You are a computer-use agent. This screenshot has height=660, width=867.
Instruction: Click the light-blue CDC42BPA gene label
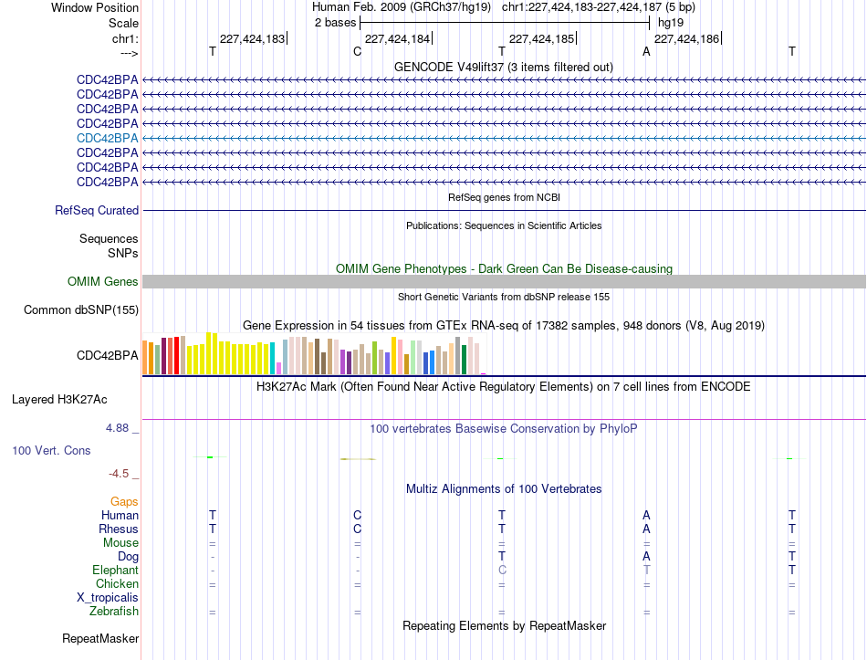click(x=108, y=139)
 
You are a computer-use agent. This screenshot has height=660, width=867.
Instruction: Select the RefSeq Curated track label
click(x=97, y=210)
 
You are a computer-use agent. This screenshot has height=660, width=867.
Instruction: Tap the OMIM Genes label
click(x=103, y=281)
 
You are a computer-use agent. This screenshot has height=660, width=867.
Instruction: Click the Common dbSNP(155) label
click(x=81, y=309)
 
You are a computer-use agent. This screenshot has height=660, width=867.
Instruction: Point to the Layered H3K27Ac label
click(x=59, y=400)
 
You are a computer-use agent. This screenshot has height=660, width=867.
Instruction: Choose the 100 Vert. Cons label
click(x=51, y=450)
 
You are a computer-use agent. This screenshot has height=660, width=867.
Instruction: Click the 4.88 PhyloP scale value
click(x=117, y=427)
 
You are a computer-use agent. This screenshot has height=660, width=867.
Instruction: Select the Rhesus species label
click(x=119, y=529)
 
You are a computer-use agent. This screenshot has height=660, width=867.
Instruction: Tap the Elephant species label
click(x=116, y=570)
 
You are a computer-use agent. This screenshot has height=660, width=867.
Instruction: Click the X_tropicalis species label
click(x=108, y=598)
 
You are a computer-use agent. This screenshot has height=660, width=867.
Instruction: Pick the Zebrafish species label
click(x=114, y=612)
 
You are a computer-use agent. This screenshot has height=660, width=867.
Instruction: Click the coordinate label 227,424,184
click(x=397, y=38)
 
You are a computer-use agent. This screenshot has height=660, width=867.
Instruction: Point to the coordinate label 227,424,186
click(x=686, y=38)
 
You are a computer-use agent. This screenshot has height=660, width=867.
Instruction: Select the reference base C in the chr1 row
click(x=357, y=51)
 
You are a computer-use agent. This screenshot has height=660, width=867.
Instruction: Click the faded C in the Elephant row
click(x=502, y=570)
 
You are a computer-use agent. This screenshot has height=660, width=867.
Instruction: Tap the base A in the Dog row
click(x=646, y=556)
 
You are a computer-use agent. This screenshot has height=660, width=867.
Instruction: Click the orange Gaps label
click(x=124, y=502)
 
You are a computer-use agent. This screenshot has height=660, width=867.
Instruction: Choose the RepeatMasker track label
click(x=100, y=638)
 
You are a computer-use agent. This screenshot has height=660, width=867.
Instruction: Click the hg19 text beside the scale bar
click(x=671, y=23)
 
